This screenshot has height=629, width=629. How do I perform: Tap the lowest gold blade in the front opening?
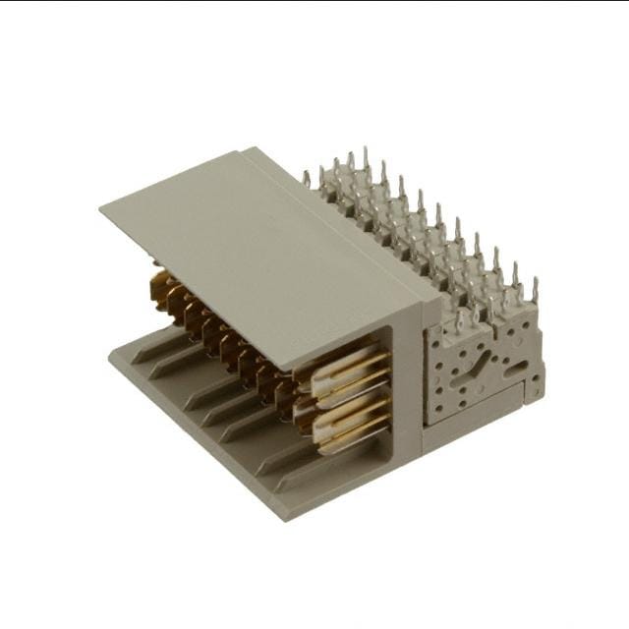(x=350, y=439)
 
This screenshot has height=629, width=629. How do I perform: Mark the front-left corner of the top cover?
(x=102, y=207)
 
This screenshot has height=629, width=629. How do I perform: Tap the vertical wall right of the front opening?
(x=407, y=393)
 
